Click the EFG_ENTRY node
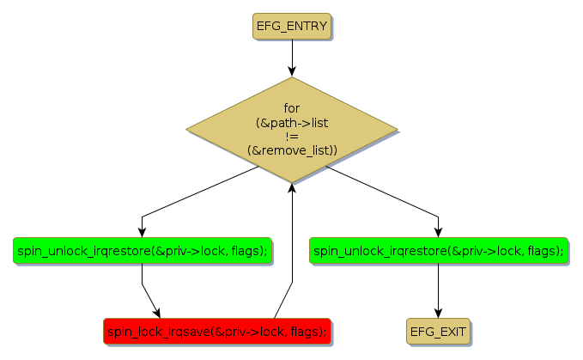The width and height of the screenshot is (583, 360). point(291,26)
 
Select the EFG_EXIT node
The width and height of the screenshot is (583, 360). point(439,330)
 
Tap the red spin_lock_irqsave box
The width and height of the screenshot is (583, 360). point(216,330)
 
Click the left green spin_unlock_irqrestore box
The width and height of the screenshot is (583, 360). point(142,250)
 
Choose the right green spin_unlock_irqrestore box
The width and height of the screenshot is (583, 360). point(438,250)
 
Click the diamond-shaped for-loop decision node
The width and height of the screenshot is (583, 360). point(292,129)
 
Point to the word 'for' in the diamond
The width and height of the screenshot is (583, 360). point(292,108)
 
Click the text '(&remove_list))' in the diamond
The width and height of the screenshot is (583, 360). point(292,150)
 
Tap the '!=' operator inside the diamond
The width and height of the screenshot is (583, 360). point(292,137)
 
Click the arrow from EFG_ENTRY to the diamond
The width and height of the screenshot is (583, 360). point(292,57)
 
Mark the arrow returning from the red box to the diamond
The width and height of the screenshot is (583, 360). point(292,258)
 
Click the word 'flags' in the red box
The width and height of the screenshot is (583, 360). point(307,330)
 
